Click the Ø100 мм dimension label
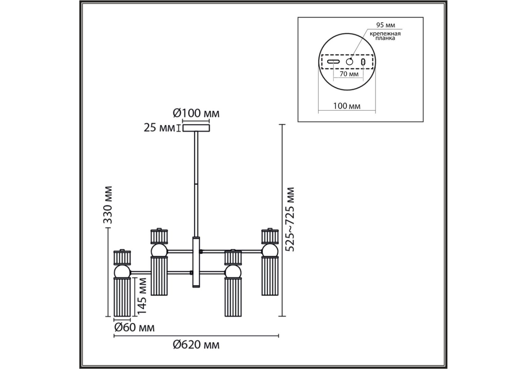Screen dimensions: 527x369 coord(196,113)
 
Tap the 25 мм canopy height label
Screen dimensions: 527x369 coord(159,128)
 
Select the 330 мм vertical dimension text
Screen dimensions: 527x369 coord(108,205)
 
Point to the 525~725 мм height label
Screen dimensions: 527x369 coord(290,219)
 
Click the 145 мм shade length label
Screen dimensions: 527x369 coord(142,296)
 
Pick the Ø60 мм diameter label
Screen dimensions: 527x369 coord(134,327)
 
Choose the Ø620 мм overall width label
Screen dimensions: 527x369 coord(196,345)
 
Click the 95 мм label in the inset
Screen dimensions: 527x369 coord(386,25)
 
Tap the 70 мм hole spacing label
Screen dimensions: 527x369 coord(349,74)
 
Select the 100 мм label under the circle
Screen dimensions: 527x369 coord(347,106)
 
